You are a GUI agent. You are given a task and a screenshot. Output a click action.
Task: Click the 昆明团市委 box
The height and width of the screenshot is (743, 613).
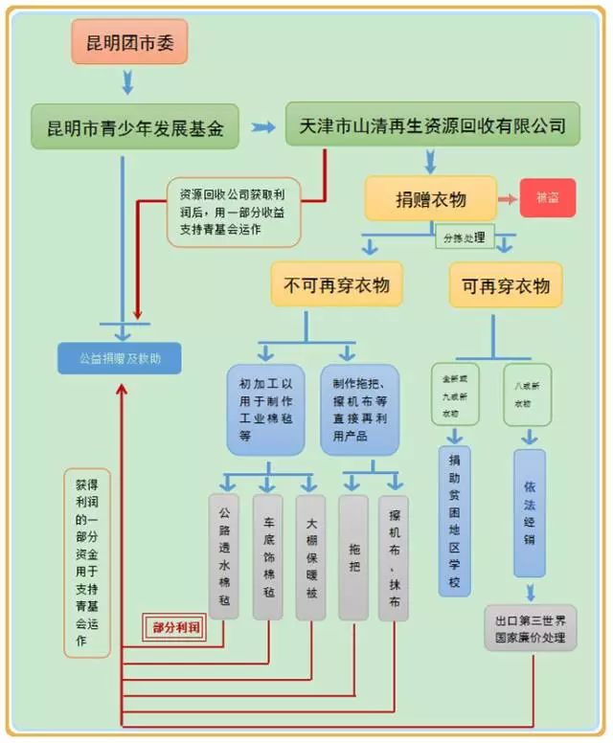pos(129,42)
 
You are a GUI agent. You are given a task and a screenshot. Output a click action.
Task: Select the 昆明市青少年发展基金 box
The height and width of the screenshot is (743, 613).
pos(135,127)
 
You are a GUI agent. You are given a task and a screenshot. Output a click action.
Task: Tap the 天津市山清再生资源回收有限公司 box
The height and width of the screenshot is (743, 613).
pos(432,125)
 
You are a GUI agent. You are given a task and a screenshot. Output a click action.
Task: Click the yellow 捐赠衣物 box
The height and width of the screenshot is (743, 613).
pos(430,199)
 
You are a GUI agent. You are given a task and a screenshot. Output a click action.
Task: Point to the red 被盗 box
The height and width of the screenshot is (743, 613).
pos(548,198)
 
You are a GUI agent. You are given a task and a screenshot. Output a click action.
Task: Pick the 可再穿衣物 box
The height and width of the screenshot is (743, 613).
pos(506,285)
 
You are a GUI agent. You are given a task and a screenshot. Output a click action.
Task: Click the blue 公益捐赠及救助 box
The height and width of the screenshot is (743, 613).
pos(122,359)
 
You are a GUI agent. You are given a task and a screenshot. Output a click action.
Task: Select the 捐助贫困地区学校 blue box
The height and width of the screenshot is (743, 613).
pos(454,523)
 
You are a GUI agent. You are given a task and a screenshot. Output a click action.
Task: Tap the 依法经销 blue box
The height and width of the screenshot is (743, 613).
pos(529,513)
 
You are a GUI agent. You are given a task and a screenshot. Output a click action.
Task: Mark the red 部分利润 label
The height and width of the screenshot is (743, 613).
pos(175,627)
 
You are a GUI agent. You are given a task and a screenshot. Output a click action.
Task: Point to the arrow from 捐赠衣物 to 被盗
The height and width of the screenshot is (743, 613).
pos(508,199)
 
